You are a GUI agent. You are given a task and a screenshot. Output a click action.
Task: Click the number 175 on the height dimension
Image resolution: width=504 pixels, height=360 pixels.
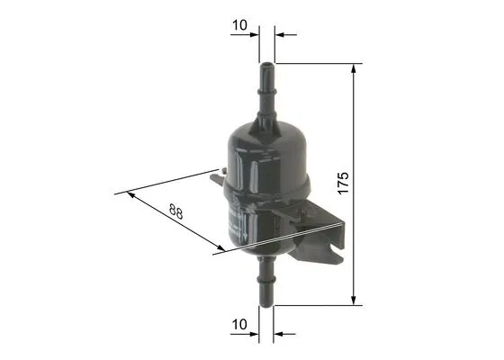[x=342, y=184]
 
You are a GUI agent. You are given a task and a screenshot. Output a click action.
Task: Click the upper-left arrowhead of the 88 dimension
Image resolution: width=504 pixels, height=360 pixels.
[x=133, y=194]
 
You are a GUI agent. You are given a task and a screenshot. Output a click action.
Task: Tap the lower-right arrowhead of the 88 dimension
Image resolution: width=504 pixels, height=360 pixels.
[x=219, y=249]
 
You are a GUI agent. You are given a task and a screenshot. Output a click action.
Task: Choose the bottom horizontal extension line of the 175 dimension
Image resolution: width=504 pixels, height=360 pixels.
[x=315, y=305]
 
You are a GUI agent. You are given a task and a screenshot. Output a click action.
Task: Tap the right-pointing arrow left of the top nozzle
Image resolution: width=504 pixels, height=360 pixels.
[x=254, y=35]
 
